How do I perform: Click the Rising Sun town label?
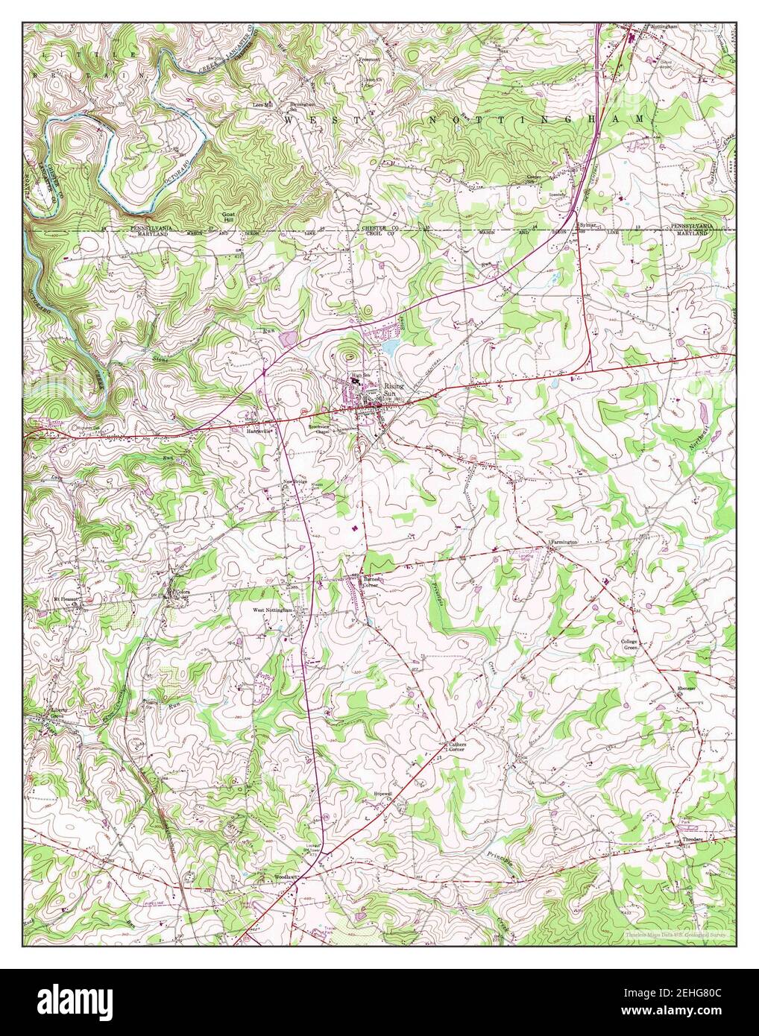pos(394,390)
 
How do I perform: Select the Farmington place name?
pos(564,542)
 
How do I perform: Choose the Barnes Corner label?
pos(371,582)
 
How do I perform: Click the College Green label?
pos(631,645)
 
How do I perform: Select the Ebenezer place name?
pos(686,689)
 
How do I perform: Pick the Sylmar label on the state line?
pos(589,224)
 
